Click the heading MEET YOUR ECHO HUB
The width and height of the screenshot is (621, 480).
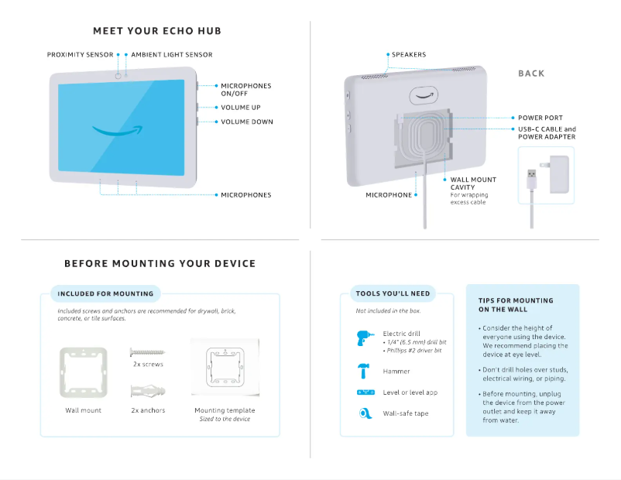tap(157, 31)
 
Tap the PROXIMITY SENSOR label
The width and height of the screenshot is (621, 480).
tap(80, 55)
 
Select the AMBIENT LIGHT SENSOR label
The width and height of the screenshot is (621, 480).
tap(171, 55)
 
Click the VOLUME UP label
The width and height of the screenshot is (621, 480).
tap(240, 108)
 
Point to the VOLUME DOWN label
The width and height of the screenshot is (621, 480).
tap(246, 122)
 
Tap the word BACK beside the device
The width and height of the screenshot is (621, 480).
tap(531, 74)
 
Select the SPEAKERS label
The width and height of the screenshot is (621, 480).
tap(408, 55)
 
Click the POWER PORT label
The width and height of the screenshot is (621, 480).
tap(540, 118)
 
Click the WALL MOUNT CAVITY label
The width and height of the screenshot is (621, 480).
tap(473, 183)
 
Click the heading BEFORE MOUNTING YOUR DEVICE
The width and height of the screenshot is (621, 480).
tap(160, 263)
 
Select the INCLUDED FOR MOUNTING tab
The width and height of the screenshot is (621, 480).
tap(105, 293)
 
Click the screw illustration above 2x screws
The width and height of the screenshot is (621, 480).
tap(147, 351)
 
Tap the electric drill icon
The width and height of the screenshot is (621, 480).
tap(365, 338)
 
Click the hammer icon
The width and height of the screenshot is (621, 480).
tap(365, 369)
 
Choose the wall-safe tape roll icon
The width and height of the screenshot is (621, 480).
tap(365, 413)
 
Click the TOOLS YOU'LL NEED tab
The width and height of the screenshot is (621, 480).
tap(393, 293)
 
